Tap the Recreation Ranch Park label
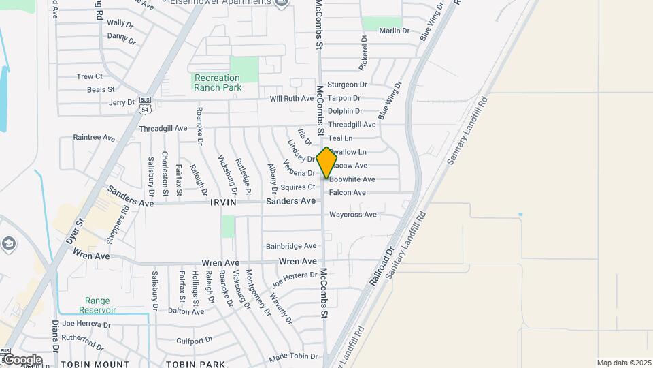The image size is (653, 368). pyautogui.click(x=218, y=82)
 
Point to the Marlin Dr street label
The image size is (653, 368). pyautogui.click(x=395, y=31)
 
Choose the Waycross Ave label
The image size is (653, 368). pyautogui.click(x=352, y=215)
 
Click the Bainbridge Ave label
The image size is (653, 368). pyautogui.click(x=291, y=246)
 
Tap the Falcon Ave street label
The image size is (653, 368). pyautogui.click(x=347, y=193)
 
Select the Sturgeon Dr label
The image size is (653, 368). pyautogui.click(x=347, y=85)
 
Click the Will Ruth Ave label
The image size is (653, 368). pyautogui.click(x=292, y=98)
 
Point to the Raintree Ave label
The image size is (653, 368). pyautogui.click(x=94, y=137)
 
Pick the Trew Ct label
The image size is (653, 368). pyautogui.click(x=90, y=76)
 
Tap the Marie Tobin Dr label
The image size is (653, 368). pyautogui.click(x=293, y=356)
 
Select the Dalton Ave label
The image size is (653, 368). pyautogui.click(x=186, y=311)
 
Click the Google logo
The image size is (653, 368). pyautogui.click(x=22, y=359)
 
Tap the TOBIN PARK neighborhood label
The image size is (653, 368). pyautogui.click(x=195, y=364)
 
